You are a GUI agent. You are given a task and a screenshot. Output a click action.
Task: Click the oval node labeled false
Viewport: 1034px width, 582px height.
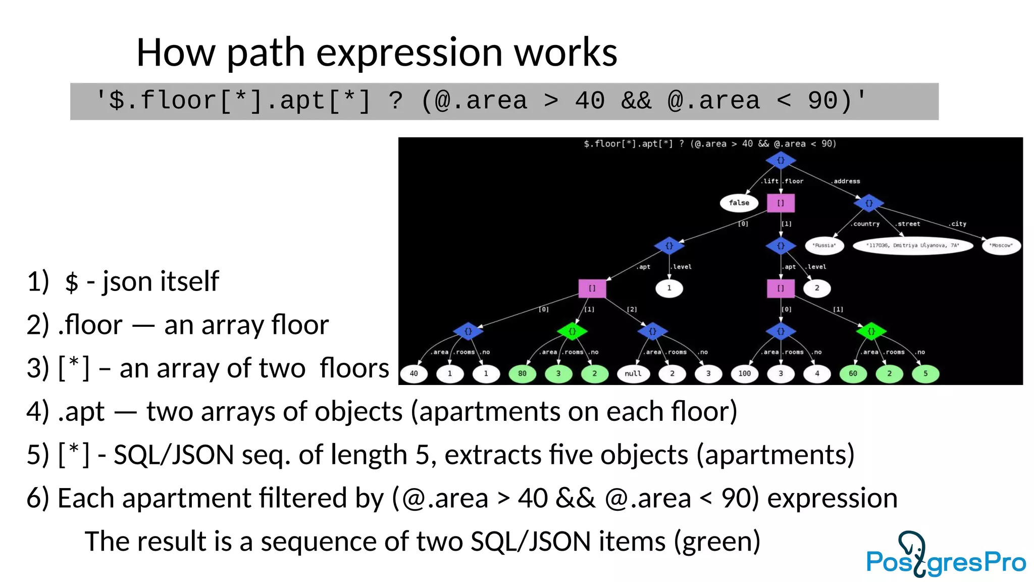click(x=739, y=203)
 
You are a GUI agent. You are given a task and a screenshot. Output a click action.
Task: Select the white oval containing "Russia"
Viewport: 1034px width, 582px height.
click(x=824, y=246)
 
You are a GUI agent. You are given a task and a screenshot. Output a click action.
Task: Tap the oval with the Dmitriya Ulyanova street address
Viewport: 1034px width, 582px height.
click(x=912, y=246)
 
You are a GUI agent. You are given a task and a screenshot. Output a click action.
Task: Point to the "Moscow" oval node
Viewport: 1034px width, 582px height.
click(x=1001, y=246)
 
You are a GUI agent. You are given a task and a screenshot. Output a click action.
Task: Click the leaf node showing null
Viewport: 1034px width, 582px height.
click(x=633, y=374)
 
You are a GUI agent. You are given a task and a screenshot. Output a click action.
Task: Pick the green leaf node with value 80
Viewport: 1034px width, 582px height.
click(x=522, y=374)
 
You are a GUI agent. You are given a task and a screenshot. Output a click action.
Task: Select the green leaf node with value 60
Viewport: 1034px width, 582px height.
click(x=853, y=374)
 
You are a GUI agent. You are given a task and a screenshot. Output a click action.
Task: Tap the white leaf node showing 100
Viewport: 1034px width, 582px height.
click(x=745, y=374)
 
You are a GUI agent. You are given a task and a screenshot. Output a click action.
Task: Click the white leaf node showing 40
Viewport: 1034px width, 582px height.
click(x=414, y=374)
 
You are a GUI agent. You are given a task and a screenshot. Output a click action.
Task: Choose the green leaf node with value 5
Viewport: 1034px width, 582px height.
click(x=925, y=374)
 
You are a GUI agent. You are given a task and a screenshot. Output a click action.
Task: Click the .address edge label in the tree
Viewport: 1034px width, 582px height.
click(x=846, y=181)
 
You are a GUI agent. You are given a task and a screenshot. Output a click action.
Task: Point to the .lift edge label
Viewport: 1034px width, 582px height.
click(x=770, y=181)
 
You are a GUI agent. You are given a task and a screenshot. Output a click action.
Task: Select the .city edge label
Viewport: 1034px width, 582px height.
click(x=957, y=224)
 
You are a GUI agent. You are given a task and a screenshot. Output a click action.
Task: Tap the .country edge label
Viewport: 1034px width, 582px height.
click(x=865, y=224)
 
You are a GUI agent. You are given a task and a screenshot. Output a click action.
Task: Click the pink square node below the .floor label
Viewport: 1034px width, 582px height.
click(x=781, y=203)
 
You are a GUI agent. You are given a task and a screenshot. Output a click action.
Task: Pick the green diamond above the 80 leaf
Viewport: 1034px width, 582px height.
click(x=572, y=331)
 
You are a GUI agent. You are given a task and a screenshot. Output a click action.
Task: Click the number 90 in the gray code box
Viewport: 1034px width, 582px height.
click(x=822, y=101)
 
